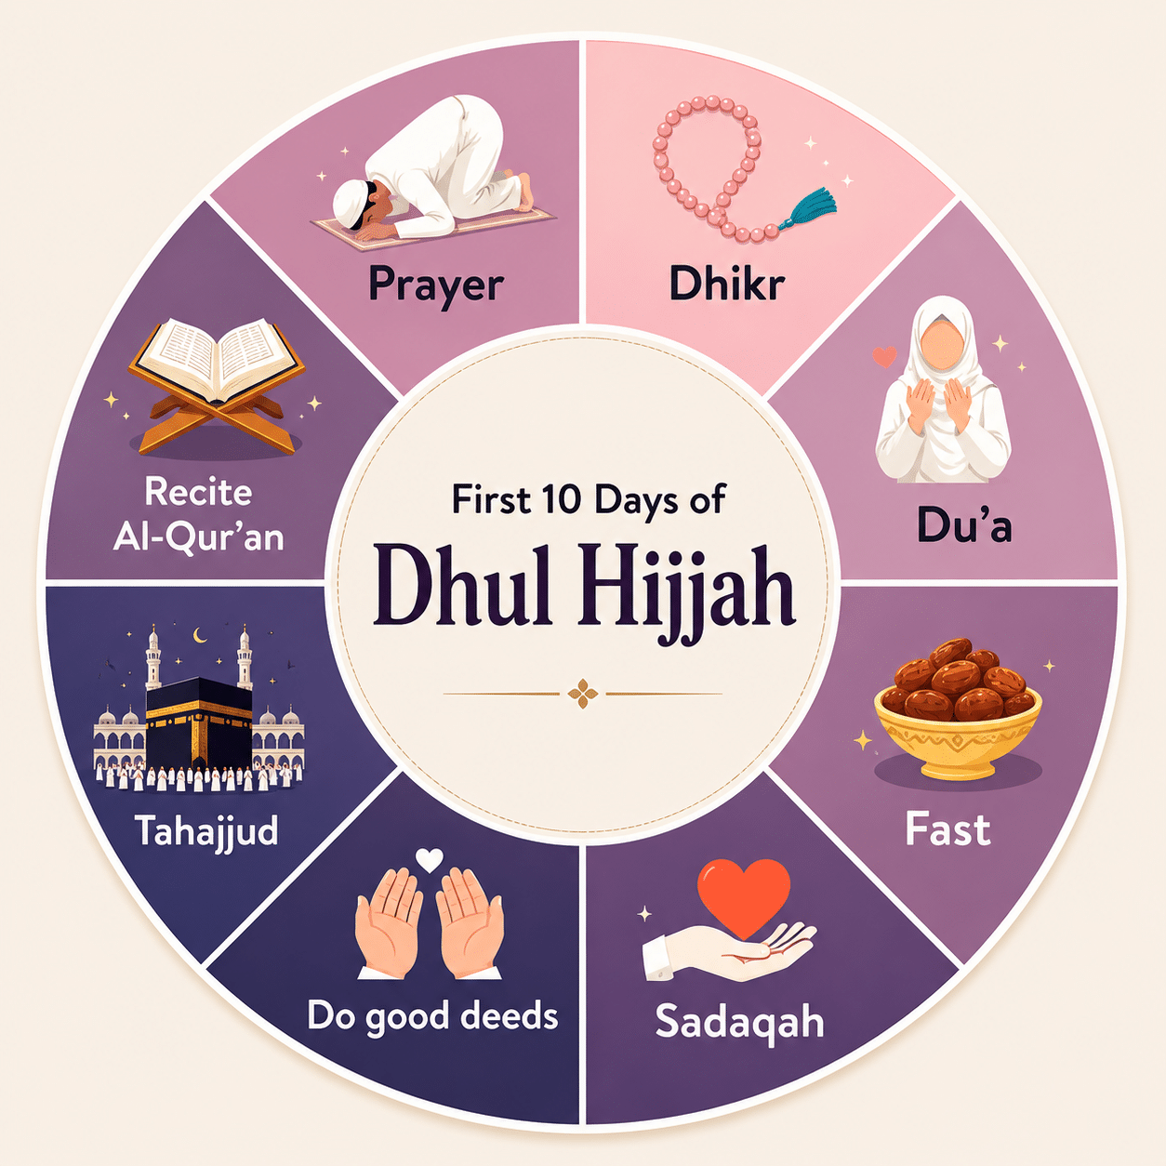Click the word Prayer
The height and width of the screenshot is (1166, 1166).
[436, 285]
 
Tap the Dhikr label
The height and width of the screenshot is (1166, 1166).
[727, 283]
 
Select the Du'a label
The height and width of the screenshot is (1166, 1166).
[964, 524]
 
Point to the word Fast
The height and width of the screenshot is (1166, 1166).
[947, 829]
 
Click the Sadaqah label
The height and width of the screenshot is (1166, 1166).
[739, 1022]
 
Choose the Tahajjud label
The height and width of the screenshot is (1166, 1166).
[206, 830]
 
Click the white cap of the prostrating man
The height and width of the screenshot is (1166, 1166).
[351, 203]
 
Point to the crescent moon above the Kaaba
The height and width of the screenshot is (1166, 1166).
[199, 635]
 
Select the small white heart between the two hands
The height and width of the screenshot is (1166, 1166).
[430, 860]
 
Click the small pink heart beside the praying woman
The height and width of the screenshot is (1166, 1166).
[884, 356]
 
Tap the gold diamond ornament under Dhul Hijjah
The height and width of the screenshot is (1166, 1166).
[583, 694]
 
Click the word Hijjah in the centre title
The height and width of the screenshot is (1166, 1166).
[686, 588]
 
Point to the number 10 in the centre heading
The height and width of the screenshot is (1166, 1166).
[562, 500]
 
